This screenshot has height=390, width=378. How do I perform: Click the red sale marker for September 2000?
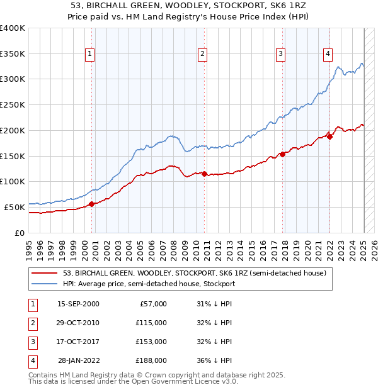(92, 203)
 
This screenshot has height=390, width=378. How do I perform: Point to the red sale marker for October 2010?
(205, 174)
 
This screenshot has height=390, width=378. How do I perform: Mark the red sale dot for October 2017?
(282, 154)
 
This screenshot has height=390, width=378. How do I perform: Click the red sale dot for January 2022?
(329, 136)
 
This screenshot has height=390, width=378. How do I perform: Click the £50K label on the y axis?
(15, 207)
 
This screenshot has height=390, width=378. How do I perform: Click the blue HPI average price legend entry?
(149, 284)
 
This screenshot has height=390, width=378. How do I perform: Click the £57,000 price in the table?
(153, 304)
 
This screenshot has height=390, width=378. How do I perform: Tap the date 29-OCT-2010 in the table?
(78, 323)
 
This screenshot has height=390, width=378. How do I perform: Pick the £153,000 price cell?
(151, 342)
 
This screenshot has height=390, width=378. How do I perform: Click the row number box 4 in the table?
(31, 360)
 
